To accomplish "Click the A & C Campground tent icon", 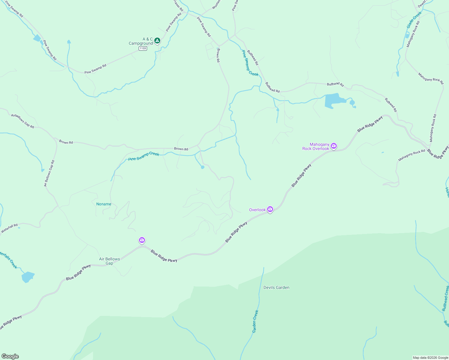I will click(157, 40).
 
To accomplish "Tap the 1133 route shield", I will click(143, 48).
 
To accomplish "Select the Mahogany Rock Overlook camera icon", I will click(334, 146).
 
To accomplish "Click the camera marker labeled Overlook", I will click(270, 209).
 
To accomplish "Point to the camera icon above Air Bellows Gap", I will click(142, 240).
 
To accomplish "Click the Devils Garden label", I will click(276, 287).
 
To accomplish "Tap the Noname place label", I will click(104, 204).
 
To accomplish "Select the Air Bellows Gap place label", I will click(110, 261).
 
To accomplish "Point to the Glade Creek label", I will click(414, 20).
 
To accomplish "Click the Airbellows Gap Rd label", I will click(23, 121).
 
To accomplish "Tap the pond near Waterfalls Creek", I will click(28, 277).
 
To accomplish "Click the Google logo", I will click(10, 356).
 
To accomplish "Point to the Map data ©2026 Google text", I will click(430, 358).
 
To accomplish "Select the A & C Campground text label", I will click(141, 41).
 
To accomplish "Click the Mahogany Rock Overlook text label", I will click(316, 146).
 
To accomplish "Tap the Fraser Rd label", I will click(179, 6).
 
